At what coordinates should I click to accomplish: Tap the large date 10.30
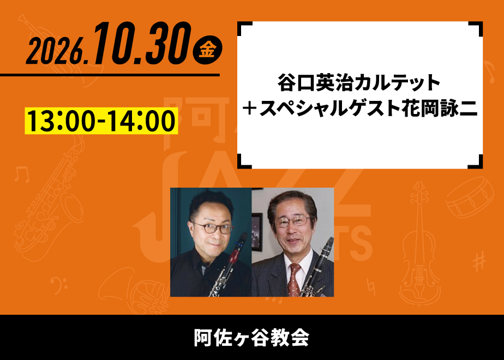142,44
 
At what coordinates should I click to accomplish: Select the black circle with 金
207,50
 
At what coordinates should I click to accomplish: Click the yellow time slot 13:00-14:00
101,121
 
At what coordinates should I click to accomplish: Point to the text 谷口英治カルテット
359,82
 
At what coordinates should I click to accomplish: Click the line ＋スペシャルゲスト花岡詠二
359,109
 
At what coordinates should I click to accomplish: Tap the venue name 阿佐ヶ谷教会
251,338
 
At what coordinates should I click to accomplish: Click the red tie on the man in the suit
294,279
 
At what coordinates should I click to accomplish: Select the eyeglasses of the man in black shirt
214,228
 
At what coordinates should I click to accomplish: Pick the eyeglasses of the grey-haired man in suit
293,221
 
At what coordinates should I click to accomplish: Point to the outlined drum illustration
470,197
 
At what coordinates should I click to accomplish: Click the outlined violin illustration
419,244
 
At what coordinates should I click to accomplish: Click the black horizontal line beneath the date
110,75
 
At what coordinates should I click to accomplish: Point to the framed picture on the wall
257,232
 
